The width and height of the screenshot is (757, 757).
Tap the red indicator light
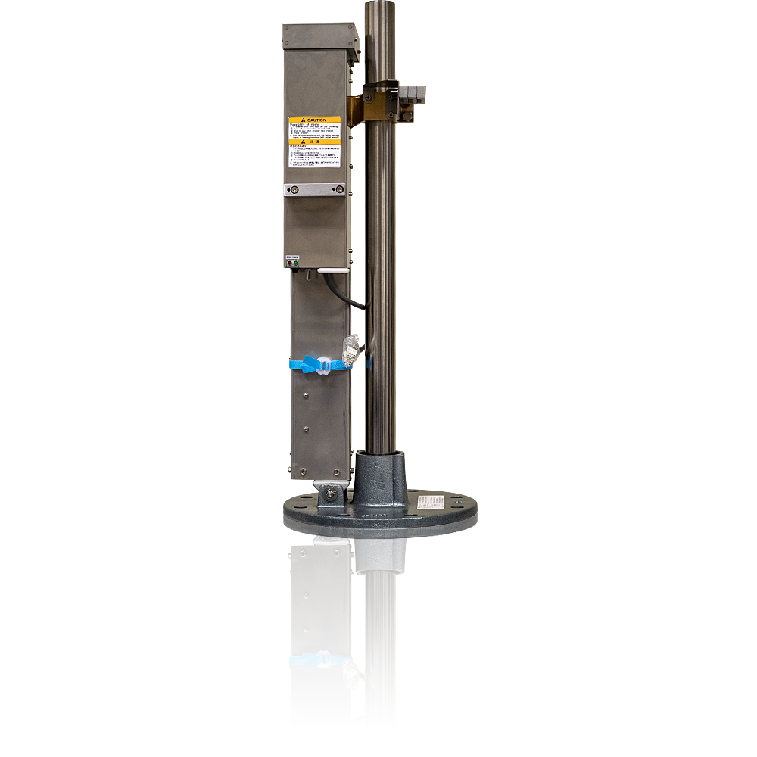pos(290,263)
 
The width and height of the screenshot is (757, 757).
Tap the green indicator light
pos(295,263)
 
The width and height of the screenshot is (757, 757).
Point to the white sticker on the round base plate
pos(432,502)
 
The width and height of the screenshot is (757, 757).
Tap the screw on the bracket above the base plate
pos(332,496)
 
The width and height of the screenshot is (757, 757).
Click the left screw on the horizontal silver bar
pos(295,189)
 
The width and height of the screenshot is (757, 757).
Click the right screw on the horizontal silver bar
pos(336,189)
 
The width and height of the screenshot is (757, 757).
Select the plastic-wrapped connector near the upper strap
pos(350,350)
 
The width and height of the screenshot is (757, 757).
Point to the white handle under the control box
pos(332,269)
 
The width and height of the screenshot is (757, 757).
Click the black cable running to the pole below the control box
pos(351,298)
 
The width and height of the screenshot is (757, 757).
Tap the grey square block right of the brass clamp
pos(413,92)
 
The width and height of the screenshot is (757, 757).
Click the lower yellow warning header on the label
pos(314,141)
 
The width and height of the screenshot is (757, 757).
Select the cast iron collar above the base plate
pos(378,477)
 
